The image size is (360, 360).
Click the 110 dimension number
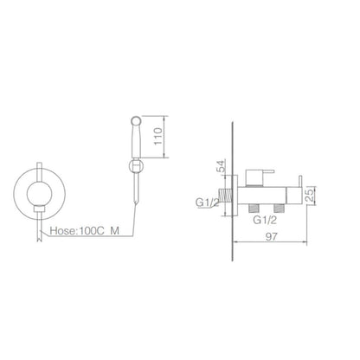[158, 137]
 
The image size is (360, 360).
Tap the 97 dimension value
[272, 237]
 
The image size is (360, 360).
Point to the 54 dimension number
[222, 166]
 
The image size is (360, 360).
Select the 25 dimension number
[310, 196]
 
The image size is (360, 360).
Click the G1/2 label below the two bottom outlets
[265, 220]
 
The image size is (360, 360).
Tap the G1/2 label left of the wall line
[207, 202]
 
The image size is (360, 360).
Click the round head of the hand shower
[136, 120]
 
